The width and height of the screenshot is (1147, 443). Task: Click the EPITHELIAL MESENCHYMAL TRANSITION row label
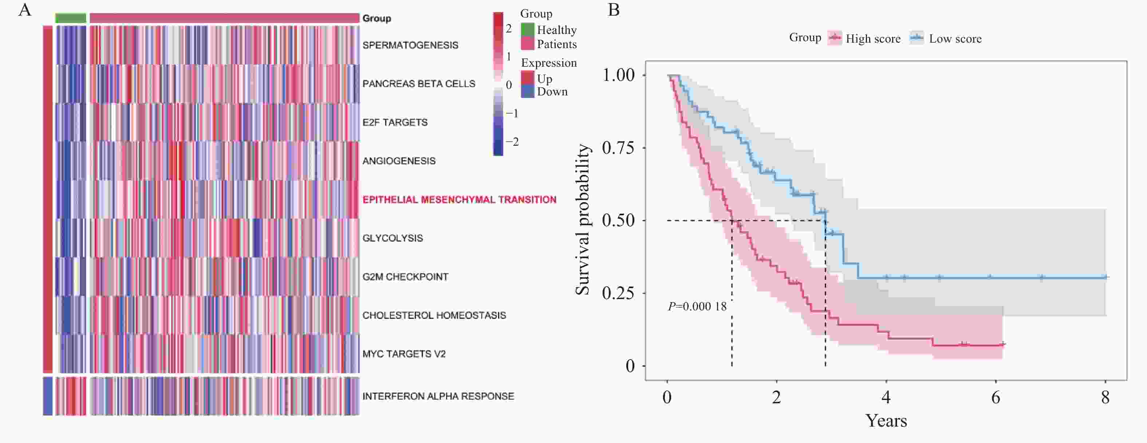point(459,200)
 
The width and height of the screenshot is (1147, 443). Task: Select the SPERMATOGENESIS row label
point(410,45)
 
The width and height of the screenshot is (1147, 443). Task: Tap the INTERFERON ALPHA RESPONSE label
point(438,396)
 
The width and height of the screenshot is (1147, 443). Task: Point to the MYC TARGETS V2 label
point(404,354)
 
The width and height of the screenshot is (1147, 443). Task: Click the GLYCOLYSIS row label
point(392,238)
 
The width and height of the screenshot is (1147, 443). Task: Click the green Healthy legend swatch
point(527,30)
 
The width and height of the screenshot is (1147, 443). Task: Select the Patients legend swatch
point(527,44)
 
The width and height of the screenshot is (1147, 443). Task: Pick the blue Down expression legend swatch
point(527,91)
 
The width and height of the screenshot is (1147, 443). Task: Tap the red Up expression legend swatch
point(527,78)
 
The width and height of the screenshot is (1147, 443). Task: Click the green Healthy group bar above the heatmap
point(70,18)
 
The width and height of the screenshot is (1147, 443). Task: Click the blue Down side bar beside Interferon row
point(48,396)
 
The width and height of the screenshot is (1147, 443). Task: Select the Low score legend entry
point(947,38)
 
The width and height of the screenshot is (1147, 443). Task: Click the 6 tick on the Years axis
point(996,397)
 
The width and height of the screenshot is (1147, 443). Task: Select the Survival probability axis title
point(582,219)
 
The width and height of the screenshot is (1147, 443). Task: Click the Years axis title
point(886,421)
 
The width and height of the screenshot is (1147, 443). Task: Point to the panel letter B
point(614,10)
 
